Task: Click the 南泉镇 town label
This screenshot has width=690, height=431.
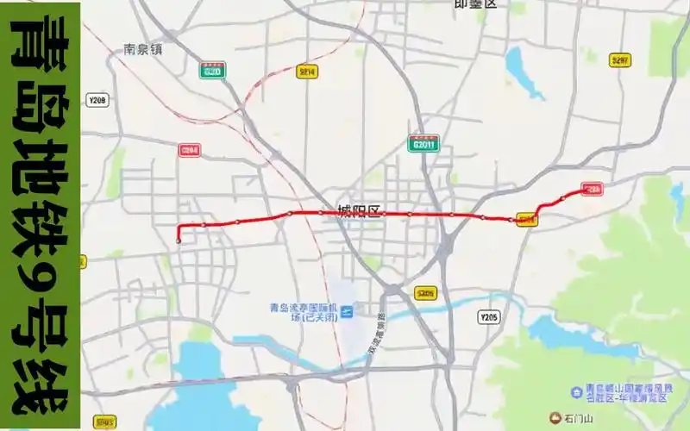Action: click(143, 49)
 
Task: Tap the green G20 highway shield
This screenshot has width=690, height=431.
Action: click(212, 71)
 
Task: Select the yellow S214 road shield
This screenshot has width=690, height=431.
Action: click(307, 71)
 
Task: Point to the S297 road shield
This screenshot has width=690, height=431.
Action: click(619, 60)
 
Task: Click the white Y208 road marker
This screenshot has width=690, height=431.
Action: click(97, 101)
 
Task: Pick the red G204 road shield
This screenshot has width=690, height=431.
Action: click(190, 150)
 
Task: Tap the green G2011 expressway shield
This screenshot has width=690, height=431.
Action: click(424, 143)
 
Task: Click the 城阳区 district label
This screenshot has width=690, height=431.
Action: click(358, 211)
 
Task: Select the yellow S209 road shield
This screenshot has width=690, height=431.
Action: click(424, 294)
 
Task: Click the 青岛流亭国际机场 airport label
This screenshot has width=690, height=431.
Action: click(299, 311)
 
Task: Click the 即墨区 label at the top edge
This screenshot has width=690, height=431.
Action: click(475, 4)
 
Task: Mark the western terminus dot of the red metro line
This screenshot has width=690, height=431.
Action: click(178, 240)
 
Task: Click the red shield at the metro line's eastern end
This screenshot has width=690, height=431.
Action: click(592, 189)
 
